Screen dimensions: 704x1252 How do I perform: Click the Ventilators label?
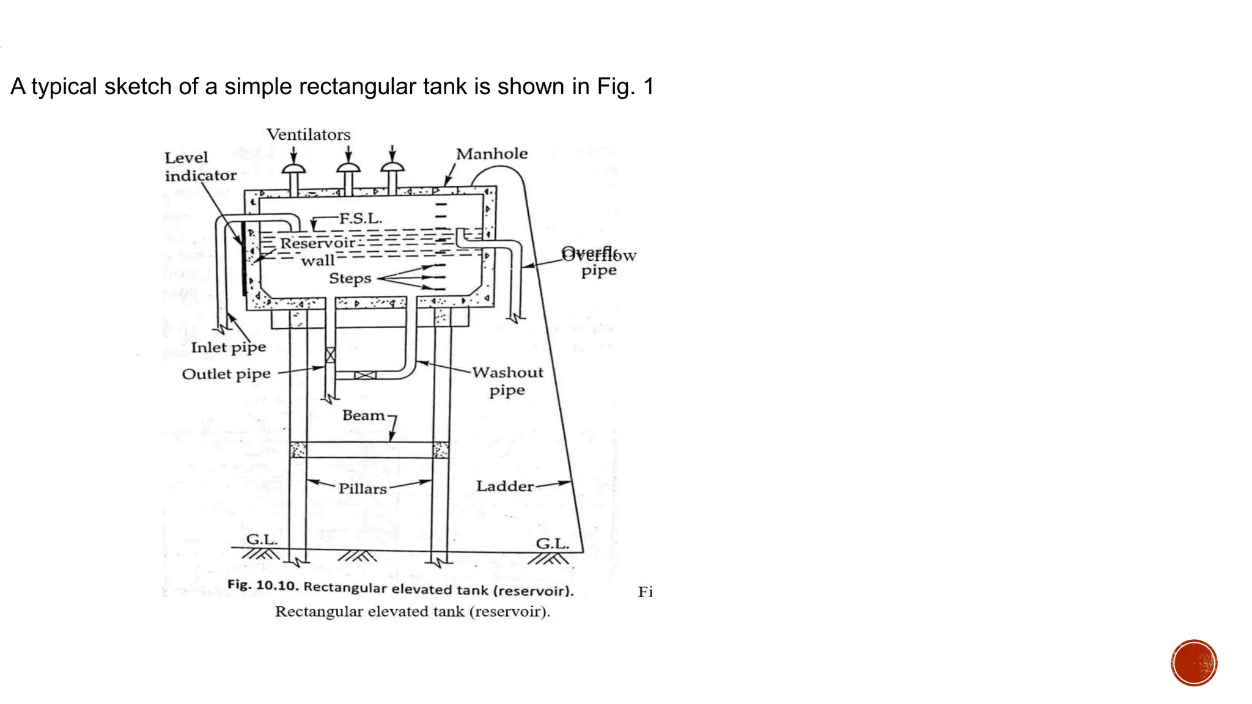tap(308, 134)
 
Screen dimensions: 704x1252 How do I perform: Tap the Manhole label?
tap(492, 154)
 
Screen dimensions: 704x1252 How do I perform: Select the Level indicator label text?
tap(200, 167)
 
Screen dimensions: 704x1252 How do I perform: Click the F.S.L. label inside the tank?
tap(361, 218)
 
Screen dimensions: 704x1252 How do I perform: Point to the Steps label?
tap(350, 279)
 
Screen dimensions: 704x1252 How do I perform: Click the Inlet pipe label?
tap(228, 348)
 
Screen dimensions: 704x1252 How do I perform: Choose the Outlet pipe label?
tap(226, 374)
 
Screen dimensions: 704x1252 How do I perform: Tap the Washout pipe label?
tap(507, 381)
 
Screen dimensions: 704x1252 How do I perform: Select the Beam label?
tap(364, 416)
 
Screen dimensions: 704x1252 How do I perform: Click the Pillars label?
tap(363, 489)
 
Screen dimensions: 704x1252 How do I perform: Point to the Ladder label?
tap(505, 486)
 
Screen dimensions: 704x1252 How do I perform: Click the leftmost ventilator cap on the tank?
tap(294, 168)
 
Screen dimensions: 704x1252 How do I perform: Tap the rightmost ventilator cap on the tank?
tap(392, 167)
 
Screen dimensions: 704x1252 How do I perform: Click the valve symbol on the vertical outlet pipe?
tap(330, 354)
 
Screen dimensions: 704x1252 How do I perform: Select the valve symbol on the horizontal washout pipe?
tap(365, 375)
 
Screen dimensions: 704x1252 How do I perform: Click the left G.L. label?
tap(262, 540)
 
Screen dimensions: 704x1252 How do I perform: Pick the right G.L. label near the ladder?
tap(552, 544)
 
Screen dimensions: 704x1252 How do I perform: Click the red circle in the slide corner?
tap(1194, 663)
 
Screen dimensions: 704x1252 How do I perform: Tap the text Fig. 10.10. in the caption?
tap(263, 585)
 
